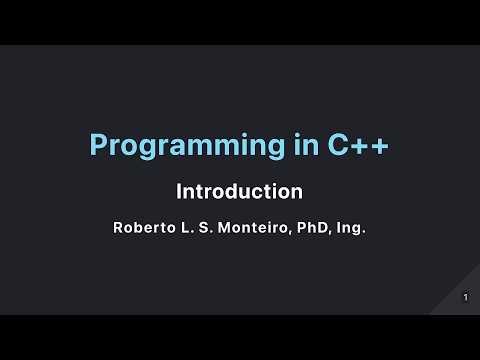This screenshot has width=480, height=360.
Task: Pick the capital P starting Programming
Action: (x=98, y=146)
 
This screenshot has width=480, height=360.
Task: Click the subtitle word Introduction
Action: (x=239, y=190)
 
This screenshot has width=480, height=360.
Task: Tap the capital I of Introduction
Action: (x=179, y=190)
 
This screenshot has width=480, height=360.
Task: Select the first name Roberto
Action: (x=142, y=227)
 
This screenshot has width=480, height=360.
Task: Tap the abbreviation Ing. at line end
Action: (x=353, y=228)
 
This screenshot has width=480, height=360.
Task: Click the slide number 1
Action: (x=466, y=297)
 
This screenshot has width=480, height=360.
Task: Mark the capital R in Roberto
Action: (x=117, y=227)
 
